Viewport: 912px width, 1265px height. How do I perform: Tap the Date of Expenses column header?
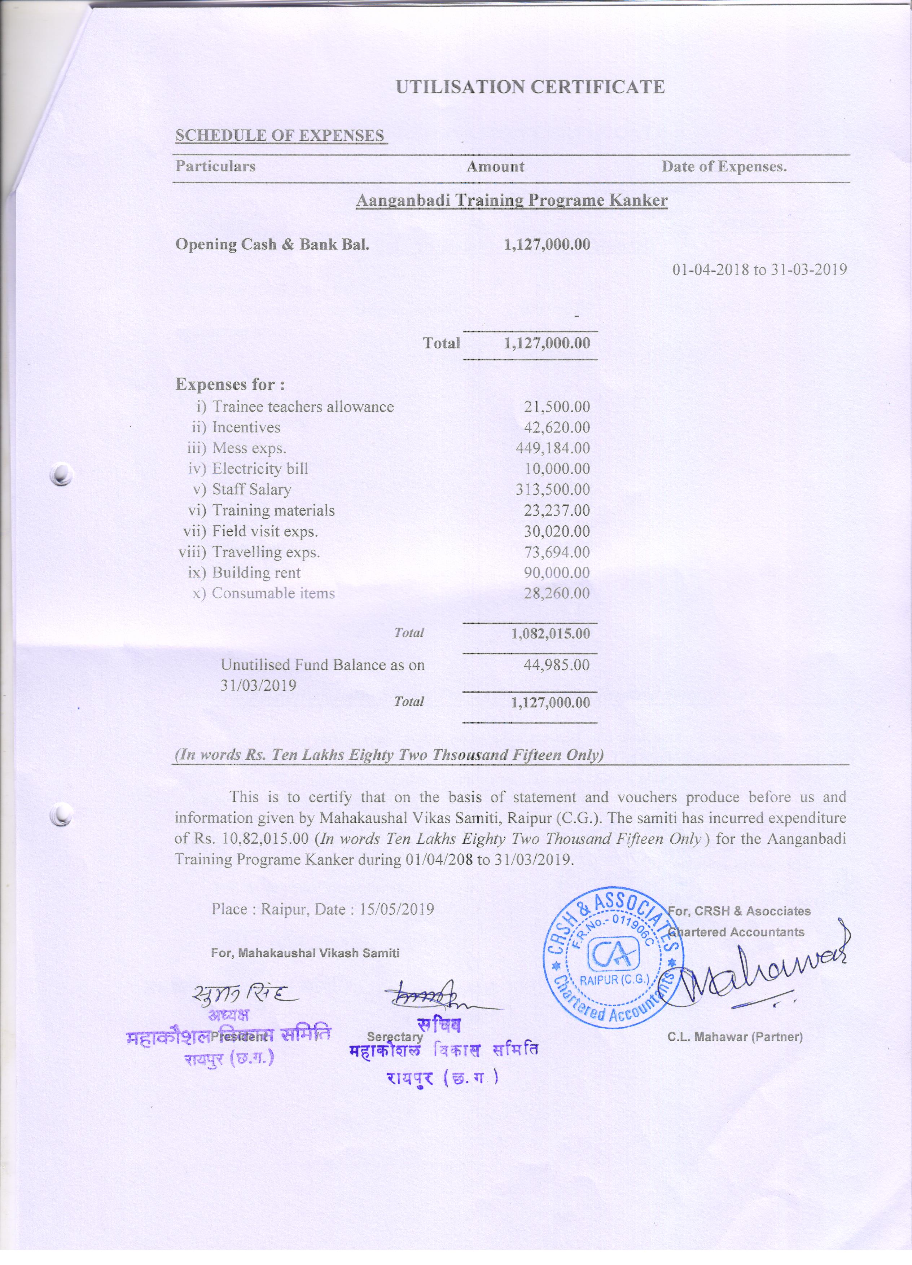point(723,166)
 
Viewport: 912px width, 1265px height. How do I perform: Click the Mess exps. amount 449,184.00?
point(552,448)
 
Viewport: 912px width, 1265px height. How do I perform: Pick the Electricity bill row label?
point(259,469)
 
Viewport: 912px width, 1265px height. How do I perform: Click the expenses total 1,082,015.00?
point(550,633)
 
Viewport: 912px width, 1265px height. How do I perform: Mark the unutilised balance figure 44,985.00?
point(556,664)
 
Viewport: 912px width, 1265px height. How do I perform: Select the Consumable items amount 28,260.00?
point(556,593)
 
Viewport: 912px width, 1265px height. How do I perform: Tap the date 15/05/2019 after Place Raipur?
point(396,909)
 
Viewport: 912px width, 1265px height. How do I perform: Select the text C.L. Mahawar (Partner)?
point(735,1037)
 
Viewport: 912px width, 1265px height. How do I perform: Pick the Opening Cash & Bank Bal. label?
point(272,244)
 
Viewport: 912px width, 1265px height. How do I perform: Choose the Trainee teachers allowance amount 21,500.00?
point(556,407)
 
